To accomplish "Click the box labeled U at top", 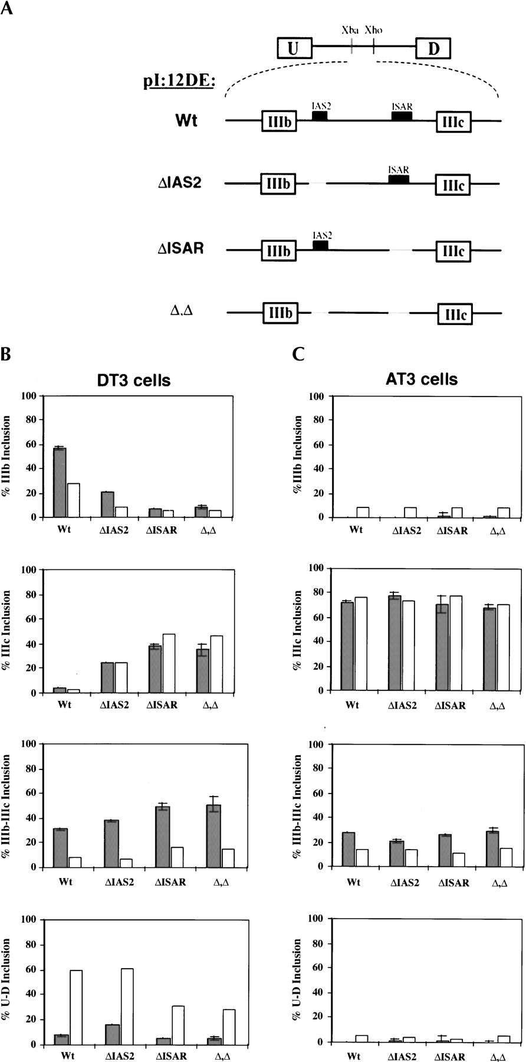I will click(x=295, y=48).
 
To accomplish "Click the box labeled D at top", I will click(x=433, y=48).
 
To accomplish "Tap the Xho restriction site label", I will click(x=373, y=29).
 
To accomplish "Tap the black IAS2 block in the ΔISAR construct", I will click(x=320, y=245).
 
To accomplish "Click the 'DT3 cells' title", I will click(x=134, y=381).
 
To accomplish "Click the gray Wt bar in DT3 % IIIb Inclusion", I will click(x=60, y=483).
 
